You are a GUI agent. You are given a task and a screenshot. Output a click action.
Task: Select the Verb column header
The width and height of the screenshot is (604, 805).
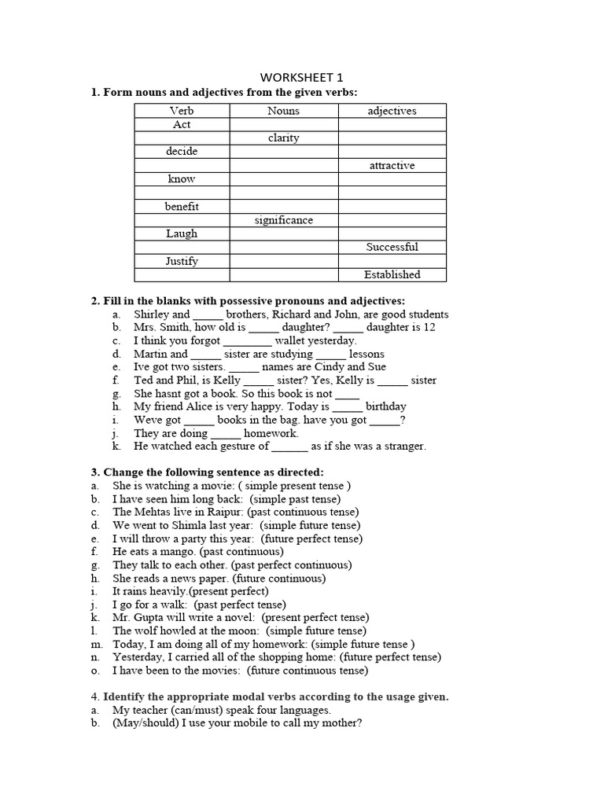pos(182,111)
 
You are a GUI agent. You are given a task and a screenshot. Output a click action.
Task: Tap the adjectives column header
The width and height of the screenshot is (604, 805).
pos(392,111)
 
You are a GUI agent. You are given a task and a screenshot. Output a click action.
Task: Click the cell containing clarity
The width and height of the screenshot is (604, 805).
pos(283,138)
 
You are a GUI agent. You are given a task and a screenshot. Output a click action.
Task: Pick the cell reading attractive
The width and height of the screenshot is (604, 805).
pos(392,166)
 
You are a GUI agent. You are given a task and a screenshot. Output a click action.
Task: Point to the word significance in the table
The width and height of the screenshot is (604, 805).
pos(283,220)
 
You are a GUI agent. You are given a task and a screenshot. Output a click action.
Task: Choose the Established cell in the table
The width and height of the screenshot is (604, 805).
pos(392,274)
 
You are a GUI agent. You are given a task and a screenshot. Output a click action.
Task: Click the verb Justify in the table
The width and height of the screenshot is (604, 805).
pos(182,261)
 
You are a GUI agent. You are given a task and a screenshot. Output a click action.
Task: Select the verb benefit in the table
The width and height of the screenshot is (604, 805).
pos(182,207)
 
